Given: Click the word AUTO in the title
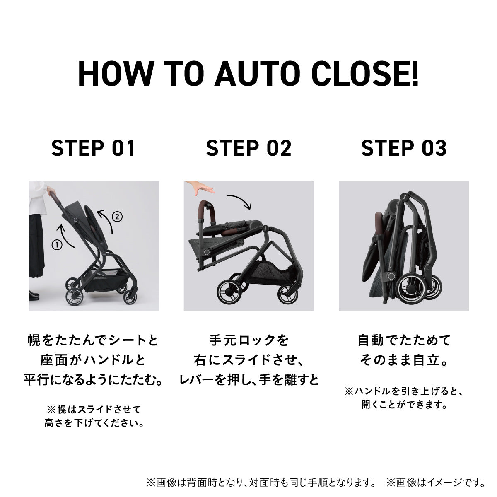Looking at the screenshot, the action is click(257, 73).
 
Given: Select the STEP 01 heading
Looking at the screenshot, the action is click(93, 148).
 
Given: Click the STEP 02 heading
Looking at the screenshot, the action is click(248, 148).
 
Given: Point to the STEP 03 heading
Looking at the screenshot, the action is click(404, 148).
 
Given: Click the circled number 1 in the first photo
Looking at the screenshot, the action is click(57, 245).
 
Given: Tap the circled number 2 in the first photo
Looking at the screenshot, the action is click(117, 216).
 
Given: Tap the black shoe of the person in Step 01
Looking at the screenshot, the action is click(34, 296).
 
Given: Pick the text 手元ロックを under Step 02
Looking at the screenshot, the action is click(249, 340).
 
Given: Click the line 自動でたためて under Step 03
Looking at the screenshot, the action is click(404, 340).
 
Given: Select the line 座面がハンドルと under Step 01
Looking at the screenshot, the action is click(93, 360).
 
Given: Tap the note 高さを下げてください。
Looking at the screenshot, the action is click(94, 423).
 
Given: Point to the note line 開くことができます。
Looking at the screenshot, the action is click(404, 405).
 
